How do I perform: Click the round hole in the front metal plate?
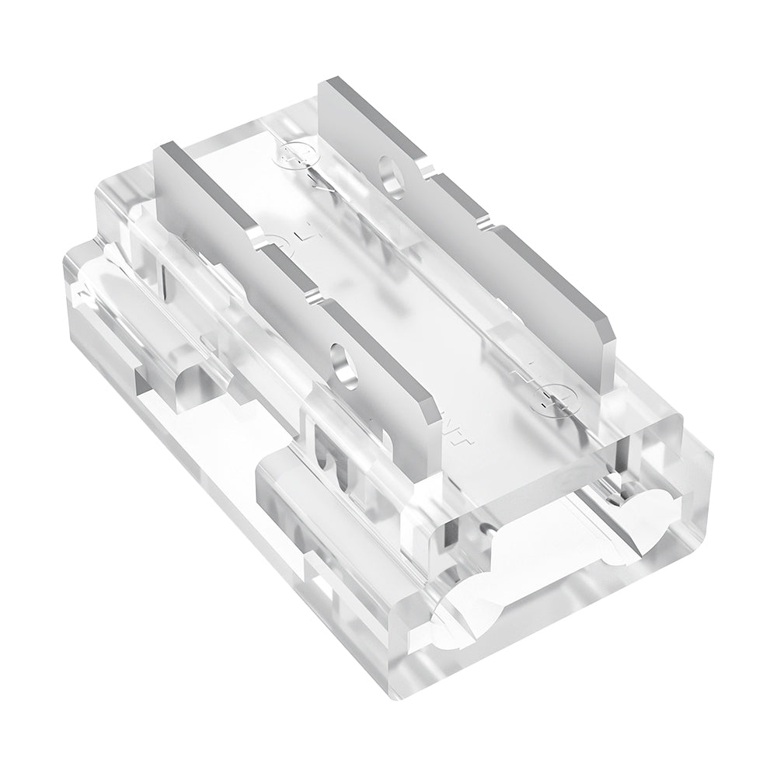point(340,361)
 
